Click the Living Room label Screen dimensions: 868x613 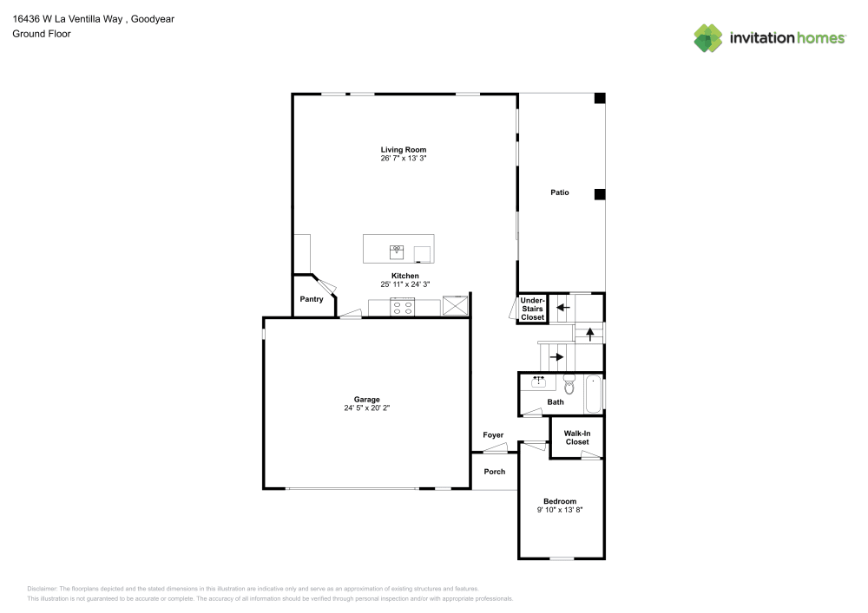pyautogui.click(x=403, y=149)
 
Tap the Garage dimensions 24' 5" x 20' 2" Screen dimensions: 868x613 pyautogui.click(x=366, y=408)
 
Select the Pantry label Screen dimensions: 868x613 pyautogui.click(x=311, y=299)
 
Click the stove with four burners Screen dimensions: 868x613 pyautogui.click(x=403, y=307)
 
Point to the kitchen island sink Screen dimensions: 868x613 pyautogui.click(x=397, y=251)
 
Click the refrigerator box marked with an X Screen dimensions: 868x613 pyautogui.click(x=455, y=306)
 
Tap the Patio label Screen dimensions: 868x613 pyautogui.click(x=560, y=192)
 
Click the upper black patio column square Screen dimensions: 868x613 pyautogui.click(x=600, y=98)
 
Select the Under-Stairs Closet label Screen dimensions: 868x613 pyautogui.click(x=532, y=309)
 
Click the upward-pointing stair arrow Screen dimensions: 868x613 pyautogui.click(x=590, y=335)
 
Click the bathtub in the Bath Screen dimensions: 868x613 pyautogui.click(x=593, y=395)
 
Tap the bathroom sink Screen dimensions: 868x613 pyautogui.click(x=539, y=381)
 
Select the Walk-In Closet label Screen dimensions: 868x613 pyautogui.click(x=577, y=438)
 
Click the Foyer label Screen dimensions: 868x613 pyautogui.click(x=493, y=435)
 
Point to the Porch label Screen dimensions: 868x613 pyautogui.click(x=495, y=472)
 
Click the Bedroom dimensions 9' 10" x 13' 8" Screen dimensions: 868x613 pyautogui.click(x=560, y=510)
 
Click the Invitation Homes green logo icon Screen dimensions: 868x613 pyautogui.click(x=708, y=38)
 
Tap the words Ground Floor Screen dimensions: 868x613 pyautogui.click(x=42, y=34)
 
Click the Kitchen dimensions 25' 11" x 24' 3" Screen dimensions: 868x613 pyautogui.click(x=404, y=284)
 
